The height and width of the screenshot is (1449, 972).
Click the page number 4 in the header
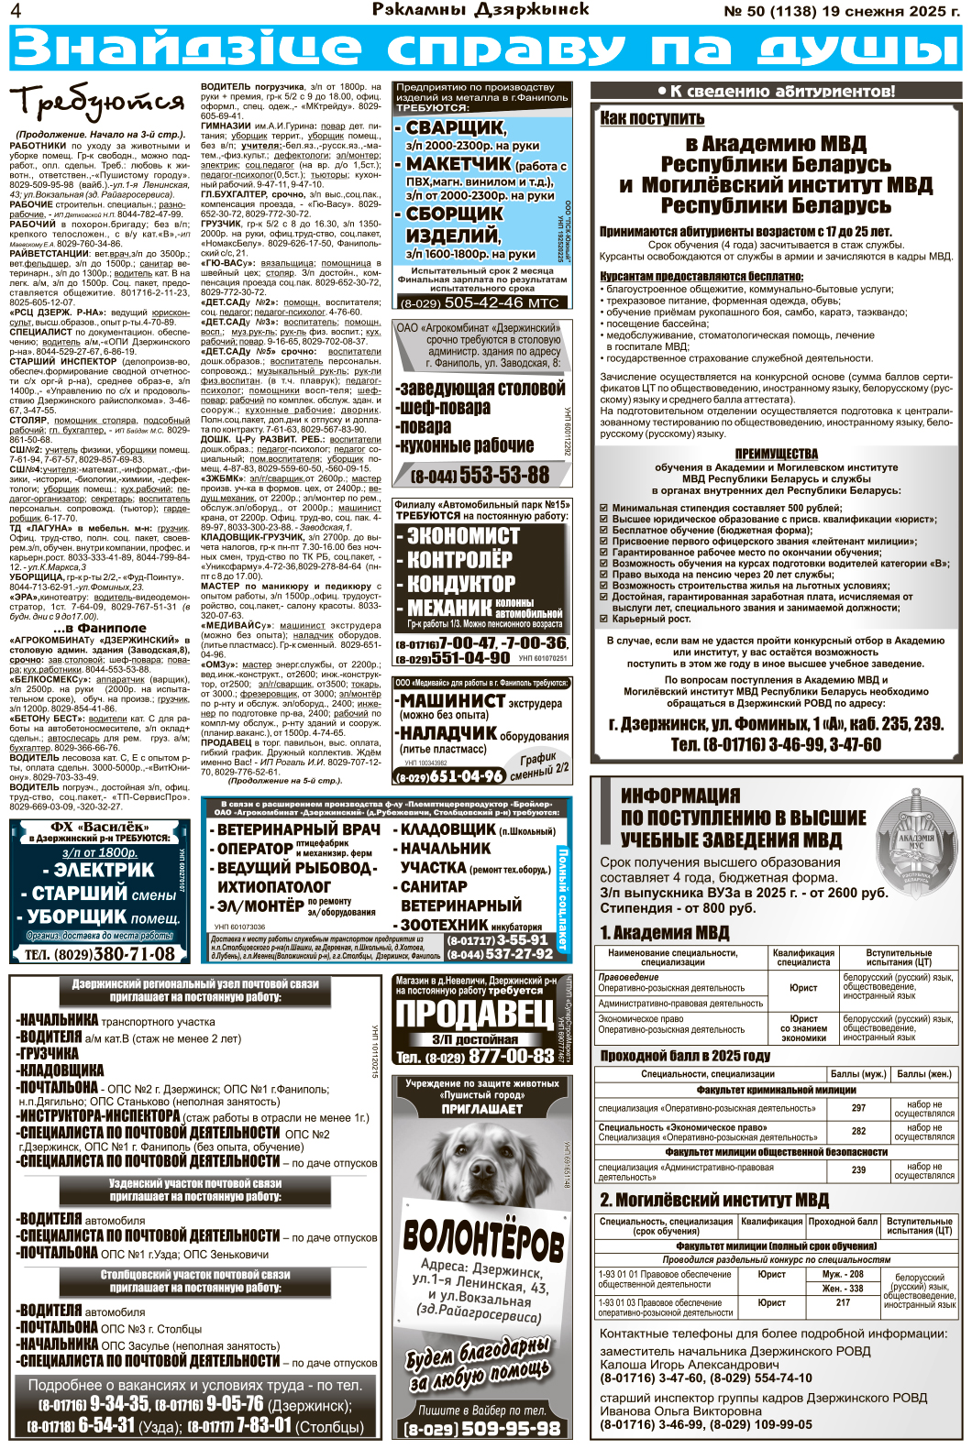16,11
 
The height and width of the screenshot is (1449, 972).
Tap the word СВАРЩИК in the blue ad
456,127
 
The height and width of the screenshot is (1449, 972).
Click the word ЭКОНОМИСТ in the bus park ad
463,535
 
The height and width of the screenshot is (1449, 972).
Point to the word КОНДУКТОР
460,583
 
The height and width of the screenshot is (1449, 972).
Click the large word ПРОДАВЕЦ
474,1014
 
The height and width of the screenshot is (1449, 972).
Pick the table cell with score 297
858,1108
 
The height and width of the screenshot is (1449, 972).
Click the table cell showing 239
858,1169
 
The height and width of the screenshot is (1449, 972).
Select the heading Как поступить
652,118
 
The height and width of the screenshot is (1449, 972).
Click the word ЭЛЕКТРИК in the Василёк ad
104,870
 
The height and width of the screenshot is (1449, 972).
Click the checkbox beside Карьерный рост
603,619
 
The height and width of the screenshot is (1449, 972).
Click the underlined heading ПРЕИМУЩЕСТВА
776,455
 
